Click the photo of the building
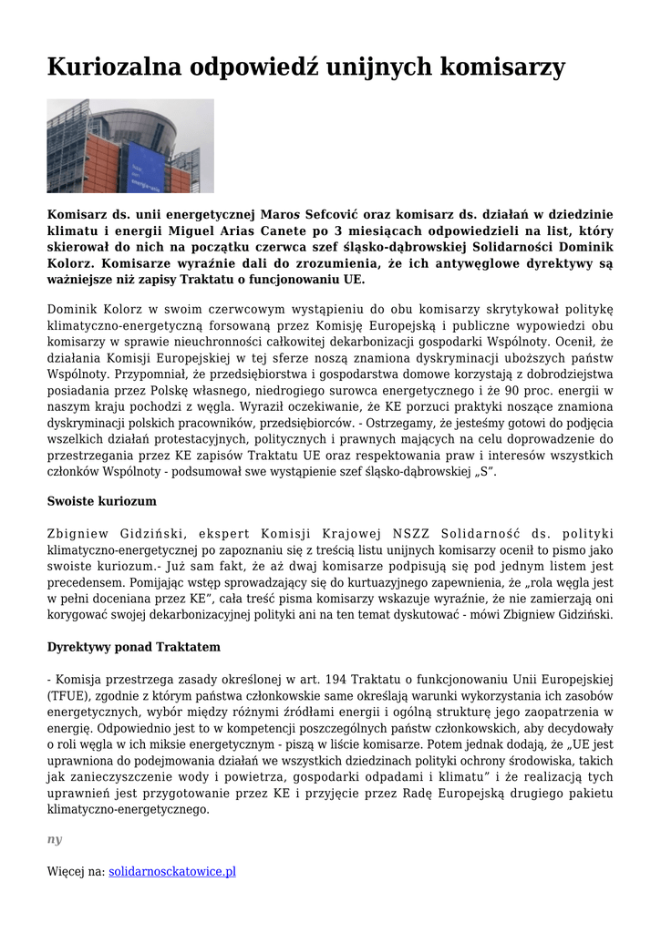(x=130, y=146)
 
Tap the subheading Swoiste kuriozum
(x=102, y=501)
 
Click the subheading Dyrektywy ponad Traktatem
(x=133, y=647)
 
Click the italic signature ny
(x=55, y=840)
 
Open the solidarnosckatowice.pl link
(x=172, y=871)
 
